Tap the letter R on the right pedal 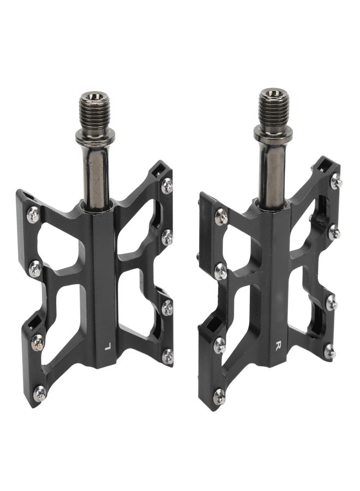click(x=278, y=345)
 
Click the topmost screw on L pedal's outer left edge click(x=33, y=215)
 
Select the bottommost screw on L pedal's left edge click(x=40, y=393)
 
